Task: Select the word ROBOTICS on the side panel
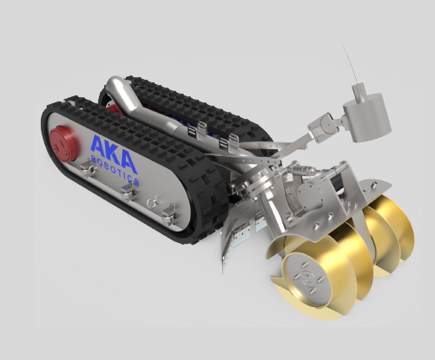[x=115, y=170]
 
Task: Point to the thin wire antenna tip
[x=344, y=47]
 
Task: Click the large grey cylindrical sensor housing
[x=367, y=118]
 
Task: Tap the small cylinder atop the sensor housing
[x=359, y=91]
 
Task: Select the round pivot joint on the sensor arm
[x=329, y=126]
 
